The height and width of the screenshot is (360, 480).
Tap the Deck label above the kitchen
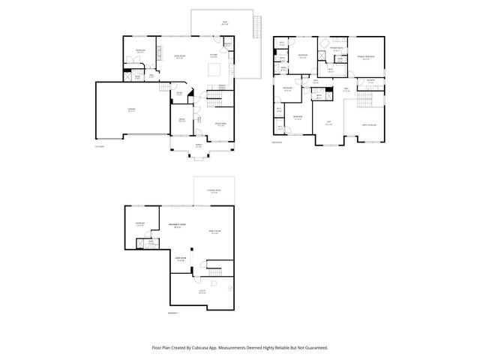[223, 24]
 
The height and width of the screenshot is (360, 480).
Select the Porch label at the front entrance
[199, 145]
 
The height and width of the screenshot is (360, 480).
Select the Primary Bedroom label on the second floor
[365, 56]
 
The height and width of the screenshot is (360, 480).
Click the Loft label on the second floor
[328, 123]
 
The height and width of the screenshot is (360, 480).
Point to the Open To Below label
[370, 124]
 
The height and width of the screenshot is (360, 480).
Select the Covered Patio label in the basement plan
[214, 192]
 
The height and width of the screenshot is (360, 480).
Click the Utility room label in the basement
[202, 292]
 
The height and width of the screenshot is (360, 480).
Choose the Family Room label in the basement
[214, 232]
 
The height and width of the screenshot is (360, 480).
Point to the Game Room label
[181, 259]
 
